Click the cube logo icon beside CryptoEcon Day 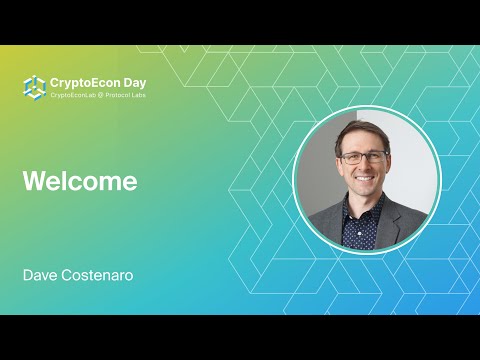[x=35, y=87]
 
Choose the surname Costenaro [x=97, y=273]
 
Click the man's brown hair [x=362, y=129]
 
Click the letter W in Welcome [x=32, y=182]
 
